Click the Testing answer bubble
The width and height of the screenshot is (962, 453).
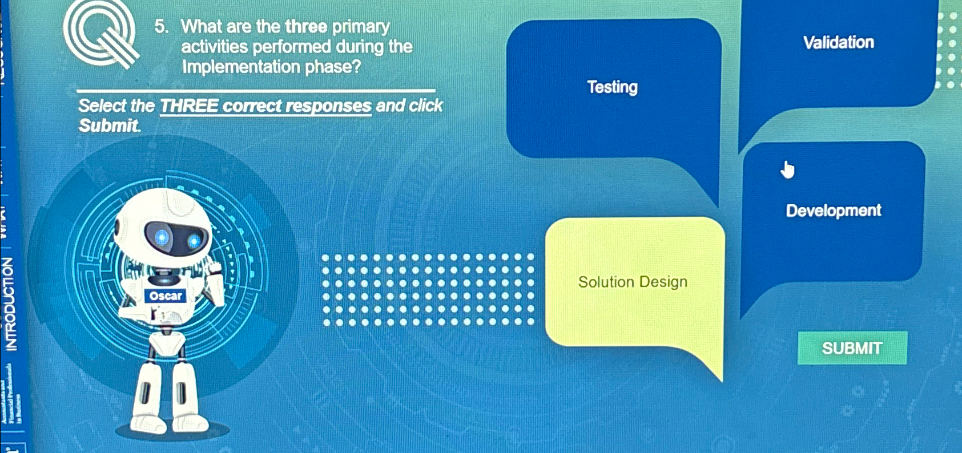pyautogui.click(x=613, y=87)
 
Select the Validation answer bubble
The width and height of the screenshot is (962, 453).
pyautogui.click(x=838, y=43)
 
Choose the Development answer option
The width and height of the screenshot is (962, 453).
pyautogui.click(x=833, y=211)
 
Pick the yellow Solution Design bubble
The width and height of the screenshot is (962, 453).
pyautogui.click(x=633, y=282)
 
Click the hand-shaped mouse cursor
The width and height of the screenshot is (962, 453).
pyautogui.click(x=788, y=170)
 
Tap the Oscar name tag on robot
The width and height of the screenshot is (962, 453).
pyautogui.click(x=165, y=296)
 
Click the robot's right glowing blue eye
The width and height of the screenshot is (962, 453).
pyautogui.click(x=195, y=240)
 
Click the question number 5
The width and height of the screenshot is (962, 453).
pyautogui.click(x=161, y=27)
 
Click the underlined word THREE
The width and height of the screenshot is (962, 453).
pyautogui.click(x=189, y=106)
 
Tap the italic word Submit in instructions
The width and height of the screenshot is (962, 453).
pyautogui.click(x=108, y=126)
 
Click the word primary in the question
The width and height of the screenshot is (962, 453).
pyautogui.click(x=361, y=27)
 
